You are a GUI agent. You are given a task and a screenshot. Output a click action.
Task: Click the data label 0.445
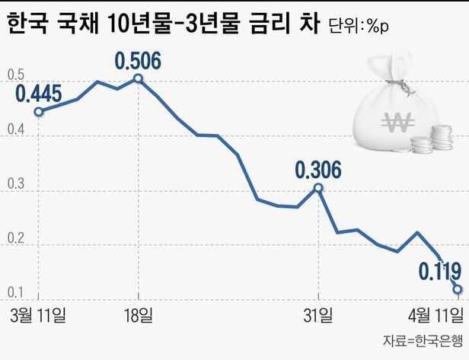[39, 94]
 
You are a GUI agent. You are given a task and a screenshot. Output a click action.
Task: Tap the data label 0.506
[138, 59]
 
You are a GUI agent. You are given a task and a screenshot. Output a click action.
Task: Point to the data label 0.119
[439, 270]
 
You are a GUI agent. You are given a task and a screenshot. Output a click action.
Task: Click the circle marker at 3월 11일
[39, 111]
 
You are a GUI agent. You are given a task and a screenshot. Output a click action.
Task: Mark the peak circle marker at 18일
[138, 78]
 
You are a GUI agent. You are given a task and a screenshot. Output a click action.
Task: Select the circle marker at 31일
[317, 186]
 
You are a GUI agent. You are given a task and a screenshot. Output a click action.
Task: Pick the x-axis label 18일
[138, 314]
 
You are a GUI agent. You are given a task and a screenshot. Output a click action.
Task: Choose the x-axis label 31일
[317, 314]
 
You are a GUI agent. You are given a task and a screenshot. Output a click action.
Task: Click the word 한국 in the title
[28, 26]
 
